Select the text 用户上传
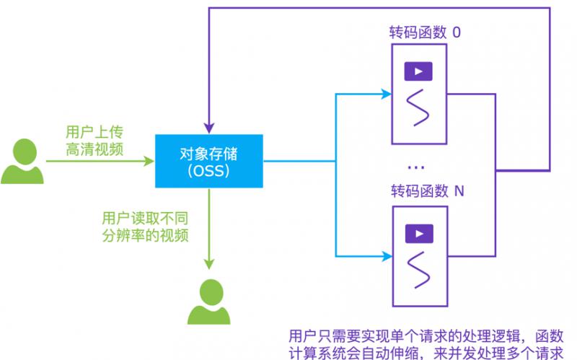point(94,133)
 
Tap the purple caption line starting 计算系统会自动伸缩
point(425,351)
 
